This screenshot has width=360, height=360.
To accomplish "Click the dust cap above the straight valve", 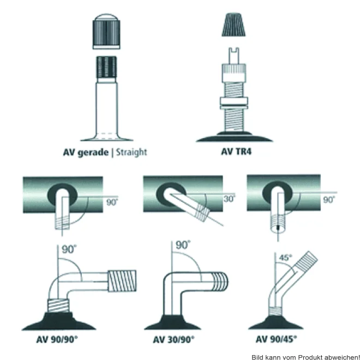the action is (106, 31).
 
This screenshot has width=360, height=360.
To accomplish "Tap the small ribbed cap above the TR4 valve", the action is (233, 25).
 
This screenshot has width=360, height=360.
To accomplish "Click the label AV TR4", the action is (236, 152).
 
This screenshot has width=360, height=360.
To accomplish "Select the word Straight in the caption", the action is (131, 152).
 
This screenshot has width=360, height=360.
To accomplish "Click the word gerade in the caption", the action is (93, 153).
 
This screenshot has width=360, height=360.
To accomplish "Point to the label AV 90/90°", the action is (57, 339).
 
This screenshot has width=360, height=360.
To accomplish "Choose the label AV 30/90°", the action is (173, 339).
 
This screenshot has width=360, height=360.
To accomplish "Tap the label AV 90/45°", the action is (276, 339).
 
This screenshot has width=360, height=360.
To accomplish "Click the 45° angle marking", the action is (285, 257).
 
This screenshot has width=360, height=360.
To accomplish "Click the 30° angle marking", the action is (229, 199).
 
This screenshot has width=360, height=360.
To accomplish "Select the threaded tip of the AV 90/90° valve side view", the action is (122, 281).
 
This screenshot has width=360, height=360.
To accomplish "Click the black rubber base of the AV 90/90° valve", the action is (59, 321).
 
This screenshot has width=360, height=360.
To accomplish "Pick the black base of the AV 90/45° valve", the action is (276, 322).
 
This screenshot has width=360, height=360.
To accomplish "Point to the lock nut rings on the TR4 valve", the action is (233, 103).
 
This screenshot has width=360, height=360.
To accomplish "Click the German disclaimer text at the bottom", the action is (305, 357).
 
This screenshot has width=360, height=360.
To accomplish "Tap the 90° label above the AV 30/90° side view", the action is (183, 245).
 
